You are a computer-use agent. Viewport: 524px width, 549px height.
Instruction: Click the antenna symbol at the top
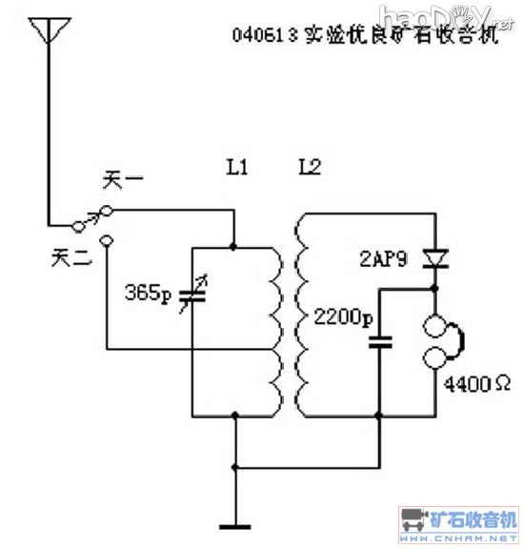(x=45, y=31)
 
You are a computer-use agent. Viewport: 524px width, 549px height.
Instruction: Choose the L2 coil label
(x=310, y=168)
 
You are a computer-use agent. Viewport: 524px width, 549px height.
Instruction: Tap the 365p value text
(x=147, y=294)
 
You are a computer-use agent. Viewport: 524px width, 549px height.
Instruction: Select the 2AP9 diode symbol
(x=435, y=258)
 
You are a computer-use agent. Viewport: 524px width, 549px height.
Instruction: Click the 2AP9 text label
(x=387, y=258)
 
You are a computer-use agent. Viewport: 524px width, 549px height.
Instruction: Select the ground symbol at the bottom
(x=234, y=525)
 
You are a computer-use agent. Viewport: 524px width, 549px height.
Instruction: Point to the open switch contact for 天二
(x=107, y=240)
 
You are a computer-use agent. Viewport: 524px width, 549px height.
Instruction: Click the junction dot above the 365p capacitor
(x=233, y=247)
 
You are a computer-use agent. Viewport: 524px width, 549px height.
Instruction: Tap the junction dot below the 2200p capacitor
(x=378, y=416)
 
